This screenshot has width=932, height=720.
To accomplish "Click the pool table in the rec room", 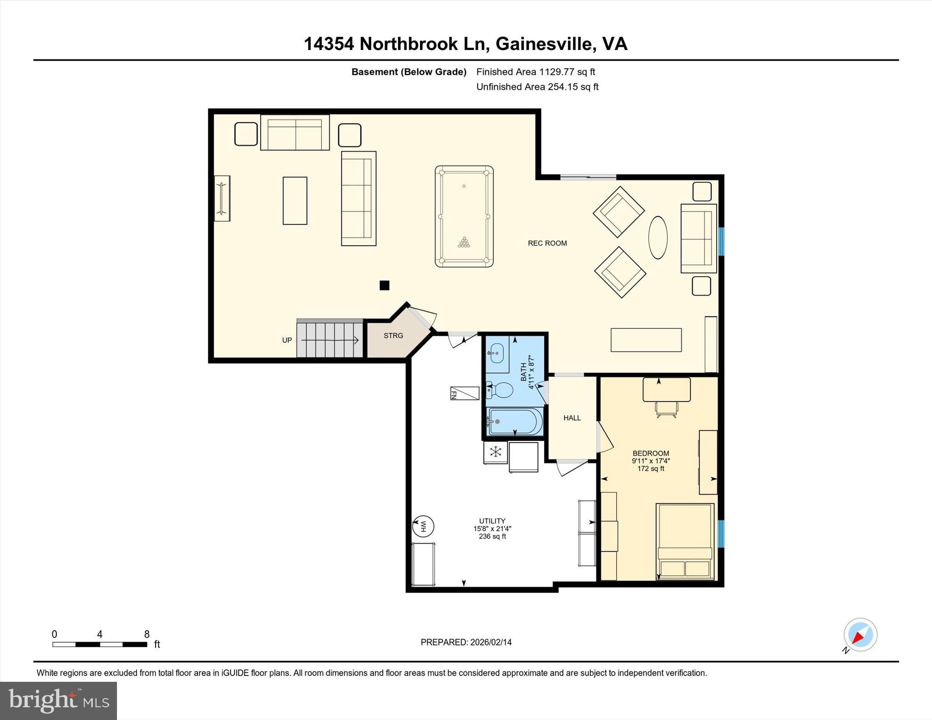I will coord(464,216).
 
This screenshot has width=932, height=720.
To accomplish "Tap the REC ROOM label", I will coord(547,243).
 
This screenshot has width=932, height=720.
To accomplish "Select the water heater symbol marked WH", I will coord(423,527).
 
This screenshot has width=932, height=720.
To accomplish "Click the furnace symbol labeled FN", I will coord(464,393).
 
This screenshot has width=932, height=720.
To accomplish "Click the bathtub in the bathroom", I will coord(515,421).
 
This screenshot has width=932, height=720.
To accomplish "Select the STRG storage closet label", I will coord(393,336).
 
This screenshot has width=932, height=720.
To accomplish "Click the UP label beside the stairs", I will coord(287,340).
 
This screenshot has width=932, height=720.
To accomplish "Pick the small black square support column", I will coord(385,285).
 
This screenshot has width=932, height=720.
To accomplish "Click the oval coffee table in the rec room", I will coord(658,237).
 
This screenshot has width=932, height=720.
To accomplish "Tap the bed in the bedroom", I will coord(684,541).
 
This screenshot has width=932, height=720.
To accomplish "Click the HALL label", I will coord(572,418).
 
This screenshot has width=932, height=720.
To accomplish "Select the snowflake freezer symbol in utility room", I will coord(495,452).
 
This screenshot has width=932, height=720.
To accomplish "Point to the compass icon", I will coord(860,635).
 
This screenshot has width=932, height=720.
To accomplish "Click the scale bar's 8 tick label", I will coord(147,634).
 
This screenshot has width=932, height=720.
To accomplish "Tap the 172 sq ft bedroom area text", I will coord(651,468).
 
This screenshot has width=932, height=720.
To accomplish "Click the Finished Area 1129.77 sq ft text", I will coord(535,72).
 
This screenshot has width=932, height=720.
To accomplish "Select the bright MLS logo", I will coord(58,700).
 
